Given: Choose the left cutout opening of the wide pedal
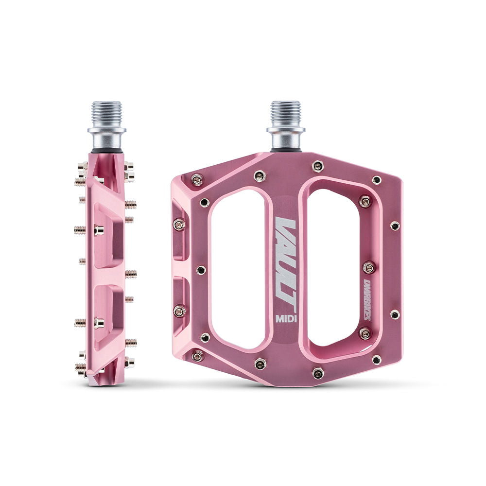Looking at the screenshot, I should coord(238,267).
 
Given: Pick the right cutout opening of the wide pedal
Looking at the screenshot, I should coord(333,267).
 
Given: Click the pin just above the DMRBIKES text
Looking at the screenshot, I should coord(369,267).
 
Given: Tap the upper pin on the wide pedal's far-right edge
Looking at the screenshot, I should coord(395,226).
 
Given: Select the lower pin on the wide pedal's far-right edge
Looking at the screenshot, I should coord(395,314).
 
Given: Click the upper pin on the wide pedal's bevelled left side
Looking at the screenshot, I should coord(179,224).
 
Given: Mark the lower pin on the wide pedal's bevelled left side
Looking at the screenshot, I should coord(179,312).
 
